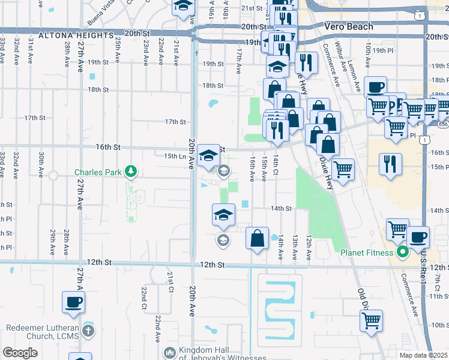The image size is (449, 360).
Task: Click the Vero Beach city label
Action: tap(348, 26)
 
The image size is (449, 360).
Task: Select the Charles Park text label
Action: tap(99, 172)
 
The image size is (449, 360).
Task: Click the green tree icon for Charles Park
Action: tap(130, 172)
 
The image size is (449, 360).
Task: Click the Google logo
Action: tap(20, 353)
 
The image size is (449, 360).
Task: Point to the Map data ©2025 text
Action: tap(423, 355)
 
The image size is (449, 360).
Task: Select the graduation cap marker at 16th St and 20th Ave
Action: tap(208, 154)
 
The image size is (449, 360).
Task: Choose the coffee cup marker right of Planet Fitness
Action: tap(418, 237)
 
